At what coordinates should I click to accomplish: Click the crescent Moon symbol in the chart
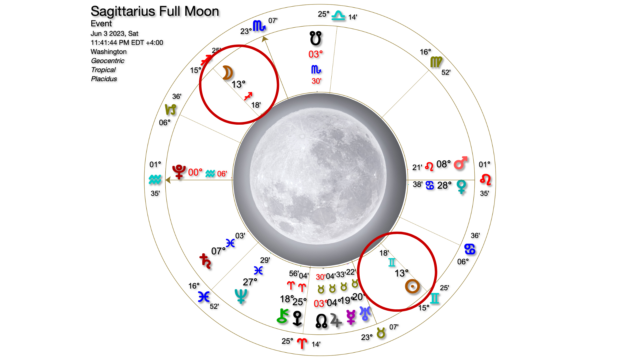227,73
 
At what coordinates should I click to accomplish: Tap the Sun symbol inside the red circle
412,286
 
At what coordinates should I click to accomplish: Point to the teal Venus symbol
461,186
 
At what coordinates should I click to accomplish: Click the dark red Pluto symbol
179,172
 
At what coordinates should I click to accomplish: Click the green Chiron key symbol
283,316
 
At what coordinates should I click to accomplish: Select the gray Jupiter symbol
336,320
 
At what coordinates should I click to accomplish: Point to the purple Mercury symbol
351,317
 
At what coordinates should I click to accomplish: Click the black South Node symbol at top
315,38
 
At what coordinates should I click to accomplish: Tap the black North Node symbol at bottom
321,321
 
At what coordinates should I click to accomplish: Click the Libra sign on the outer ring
338,15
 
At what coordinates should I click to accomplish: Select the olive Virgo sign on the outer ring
436,62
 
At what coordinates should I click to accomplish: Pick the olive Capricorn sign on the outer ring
170,109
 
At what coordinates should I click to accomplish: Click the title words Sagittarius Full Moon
155,11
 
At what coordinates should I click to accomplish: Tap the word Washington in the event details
109,52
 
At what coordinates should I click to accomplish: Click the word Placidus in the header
104,79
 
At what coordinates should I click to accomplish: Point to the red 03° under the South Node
316,54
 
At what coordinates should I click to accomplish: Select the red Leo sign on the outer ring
485,180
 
